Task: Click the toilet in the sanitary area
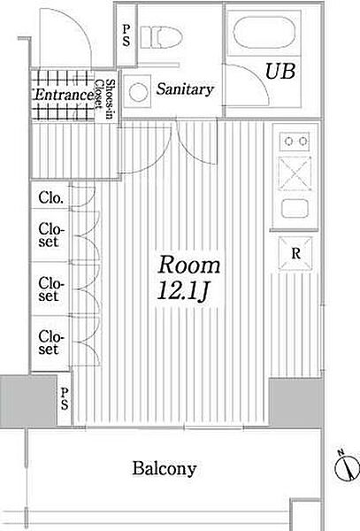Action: pos(161,37)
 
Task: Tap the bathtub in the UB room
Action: pos(264,33)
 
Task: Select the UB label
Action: pos(280,72)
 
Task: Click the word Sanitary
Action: pos(185,89)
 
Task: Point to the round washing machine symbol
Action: pos(138,92)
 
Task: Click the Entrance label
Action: pos(64,95)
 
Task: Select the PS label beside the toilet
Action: pos(126,36)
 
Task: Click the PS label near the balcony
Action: pos(65,398)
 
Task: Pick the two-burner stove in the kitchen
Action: pos(295,141)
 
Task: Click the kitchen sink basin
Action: pos(295,208)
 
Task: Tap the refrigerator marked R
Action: pos(295,253)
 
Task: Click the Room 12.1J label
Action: pos(188,278)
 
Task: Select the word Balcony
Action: pos(165,469)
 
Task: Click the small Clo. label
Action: pos(50,197)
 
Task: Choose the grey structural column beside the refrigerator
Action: pos(296,403)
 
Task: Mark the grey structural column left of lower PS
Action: pos(28,401)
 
